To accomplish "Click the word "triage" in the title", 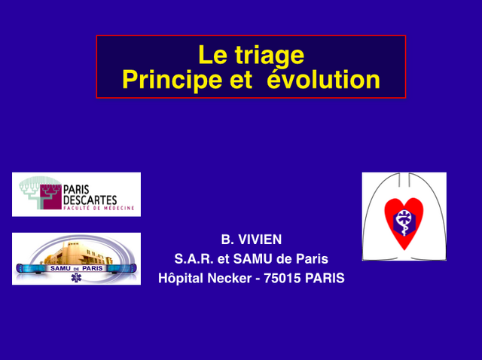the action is click(270, 56).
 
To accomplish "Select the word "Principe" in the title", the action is click(172, 81).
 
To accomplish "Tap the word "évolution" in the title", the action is click(323, 79).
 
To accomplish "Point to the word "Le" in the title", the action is click(212, 55).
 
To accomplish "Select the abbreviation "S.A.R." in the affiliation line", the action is click(194, 259).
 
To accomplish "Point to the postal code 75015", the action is click(282, 278).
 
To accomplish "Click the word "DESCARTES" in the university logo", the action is click(90, 200).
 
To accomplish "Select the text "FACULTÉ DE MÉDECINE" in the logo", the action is click(99, 208).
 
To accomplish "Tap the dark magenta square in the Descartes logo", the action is click(50, 197).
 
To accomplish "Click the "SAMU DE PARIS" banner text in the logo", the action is click(76, 268).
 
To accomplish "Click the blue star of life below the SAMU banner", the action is click(76, 278).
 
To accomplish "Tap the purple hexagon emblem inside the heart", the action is click(404, 221).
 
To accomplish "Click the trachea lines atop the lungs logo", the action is click(404, 179).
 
